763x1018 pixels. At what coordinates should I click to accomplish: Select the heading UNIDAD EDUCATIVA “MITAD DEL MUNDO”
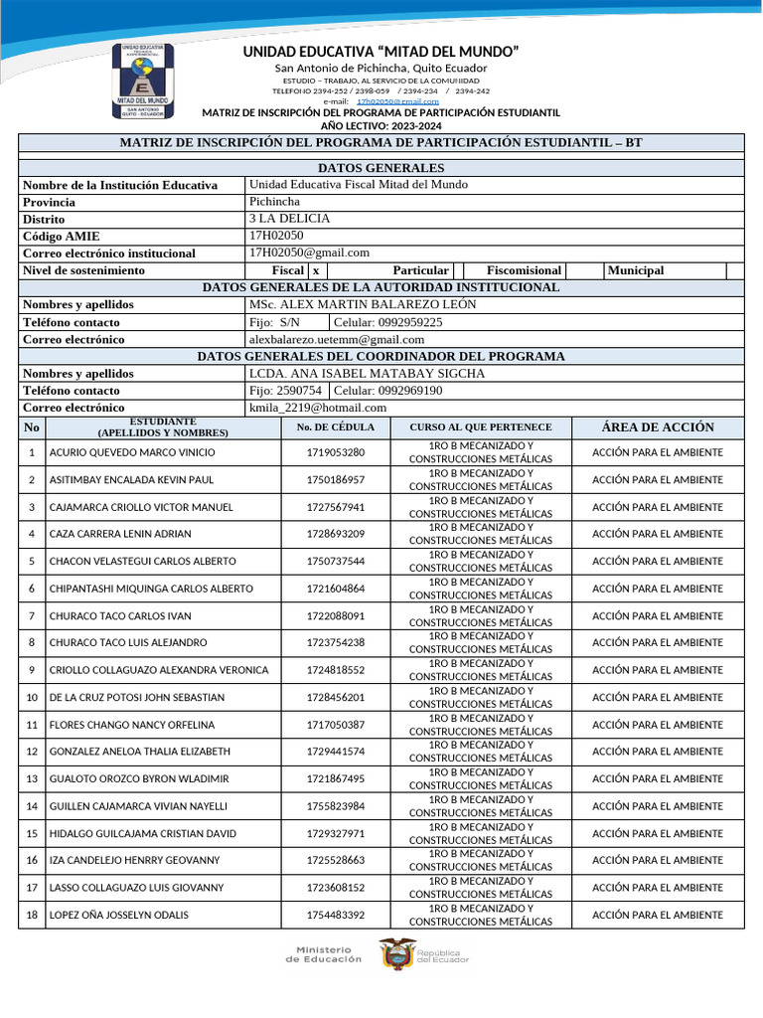click(x=381, y=52)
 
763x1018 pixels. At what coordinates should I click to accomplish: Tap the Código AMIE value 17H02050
click(x=276, y=236)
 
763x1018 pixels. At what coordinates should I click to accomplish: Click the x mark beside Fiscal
click(x=315, y=270)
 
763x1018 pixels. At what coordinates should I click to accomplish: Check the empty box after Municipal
click(x=734, y=270)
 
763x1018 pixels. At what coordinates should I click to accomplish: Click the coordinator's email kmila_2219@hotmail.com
click(x=318, y=408)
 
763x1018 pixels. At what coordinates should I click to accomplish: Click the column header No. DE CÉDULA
click(x=336, y=427)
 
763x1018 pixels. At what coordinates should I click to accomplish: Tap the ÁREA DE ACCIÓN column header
click(x=658, y=427)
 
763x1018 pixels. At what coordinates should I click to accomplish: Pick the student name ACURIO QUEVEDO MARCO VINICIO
click(x=132, y=452)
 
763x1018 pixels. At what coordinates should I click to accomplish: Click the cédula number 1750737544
click(x=336, y=562)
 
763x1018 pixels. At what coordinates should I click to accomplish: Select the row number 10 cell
click(x=32, y=698)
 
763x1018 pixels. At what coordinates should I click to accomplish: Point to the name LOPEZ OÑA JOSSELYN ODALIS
click(x=119, y=915)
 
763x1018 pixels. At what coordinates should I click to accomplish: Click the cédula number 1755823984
click(x=336, y=806)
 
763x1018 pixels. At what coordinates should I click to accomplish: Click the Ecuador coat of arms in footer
click(x=396, y=954)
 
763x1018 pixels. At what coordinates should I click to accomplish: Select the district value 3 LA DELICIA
click(x=289, y=219)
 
